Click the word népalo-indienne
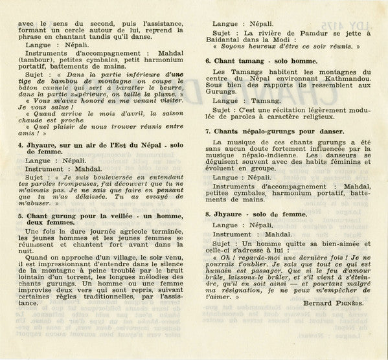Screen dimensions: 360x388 271,164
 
